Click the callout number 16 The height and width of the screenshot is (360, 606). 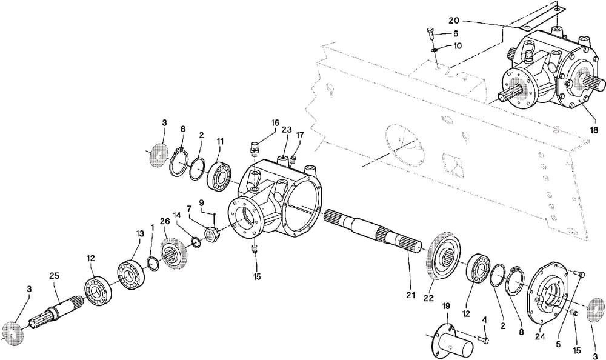[275, 122]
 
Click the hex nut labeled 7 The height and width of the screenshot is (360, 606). [211, 232]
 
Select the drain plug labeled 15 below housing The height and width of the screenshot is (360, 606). [256, 248]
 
